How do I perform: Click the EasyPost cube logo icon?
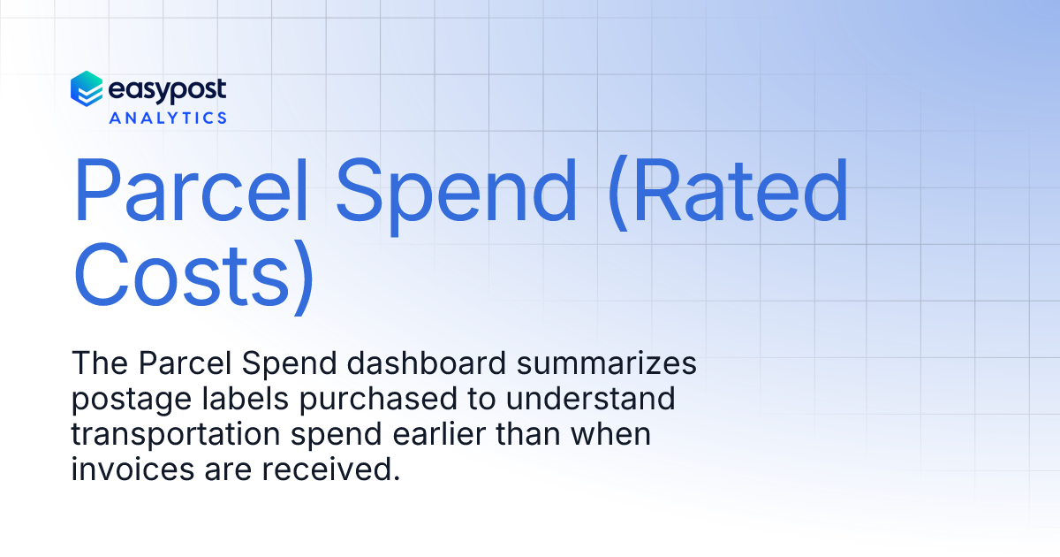(87, 89)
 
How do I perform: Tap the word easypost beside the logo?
(167, 89)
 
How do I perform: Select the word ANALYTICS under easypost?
(168, 118)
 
